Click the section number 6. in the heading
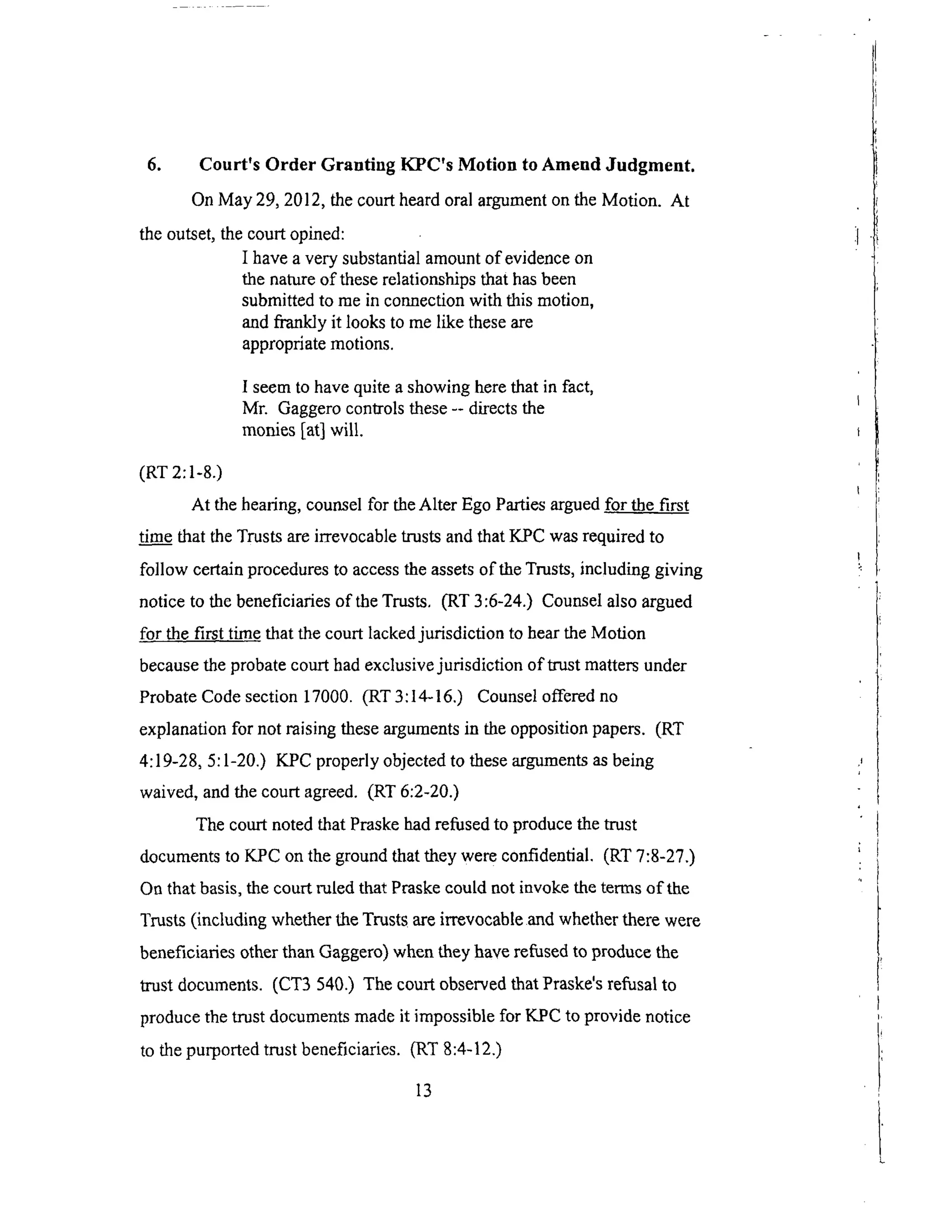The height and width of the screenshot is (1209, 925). (x=154, y=165)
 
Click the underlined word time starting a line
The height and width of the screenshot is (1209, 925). (x=155, y=537)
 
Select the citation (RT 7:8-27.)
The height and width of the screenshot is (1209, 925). (x=649, y=856)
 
